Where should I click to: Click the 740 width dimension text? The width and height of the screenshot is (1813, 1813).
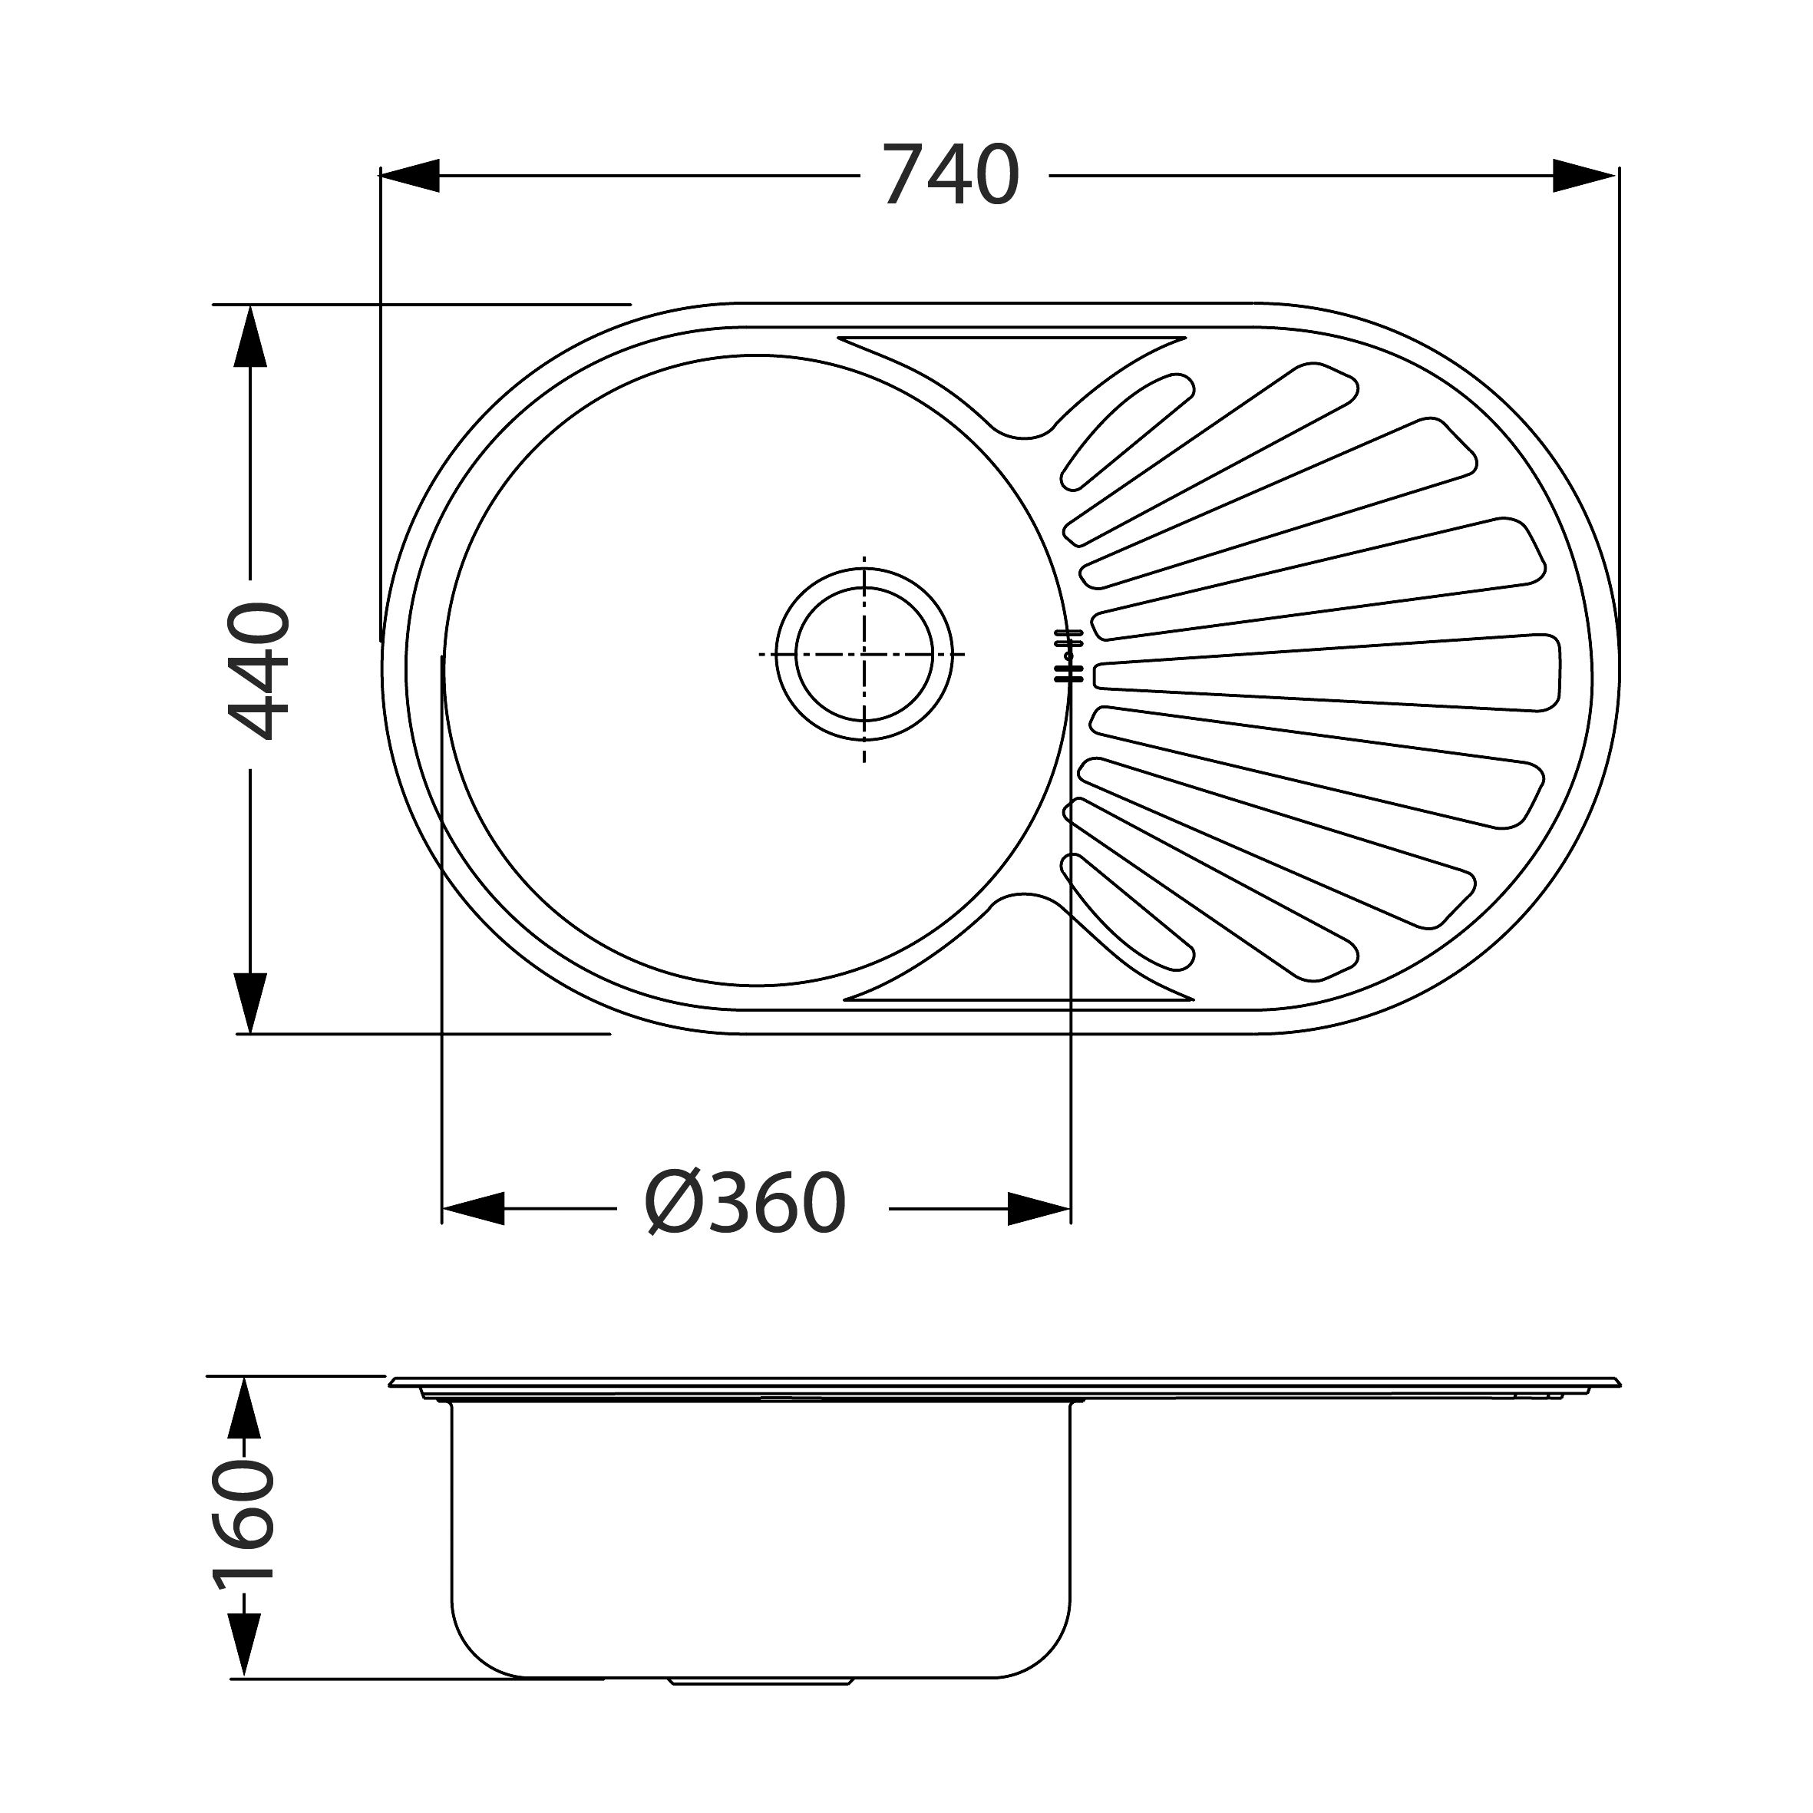click(x=950, y=176)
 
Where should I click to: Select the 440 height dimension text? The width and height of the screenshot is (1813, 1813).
click(x=259, y=671)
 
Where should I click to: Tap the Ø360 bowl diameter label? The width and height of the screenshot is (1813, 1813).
click(x=746, y=1205)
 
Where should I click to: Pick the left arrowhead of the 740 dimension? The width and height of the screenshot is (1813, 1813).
click(x=409, y=176)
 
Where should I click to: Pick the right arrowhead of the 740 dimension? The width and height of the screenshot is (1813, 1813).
click(x=1584, y=176)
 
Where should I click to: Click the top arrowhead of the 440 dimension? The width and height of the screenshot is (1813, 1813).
click(x=249, y=335)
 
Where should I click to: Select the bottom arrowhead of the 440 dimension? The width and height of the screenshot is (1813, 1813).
click(x=249, y=1003)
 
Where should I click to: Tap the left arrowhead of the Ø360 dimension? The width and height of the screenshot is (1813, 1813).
click(x=473, y=1209)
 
